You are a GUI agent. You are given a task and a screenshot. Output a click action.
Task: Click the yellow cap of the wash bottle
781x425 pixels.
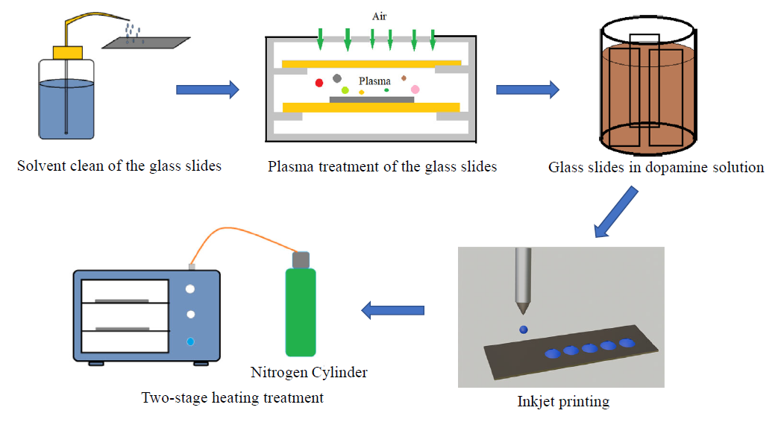[68, 52]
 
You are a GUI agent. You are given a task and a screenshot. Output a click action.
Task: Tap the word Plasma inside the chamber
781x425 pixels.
[374, 81]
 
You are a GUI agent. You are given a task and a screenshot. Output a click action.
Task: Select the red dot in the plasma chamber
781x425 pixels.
[319, 83]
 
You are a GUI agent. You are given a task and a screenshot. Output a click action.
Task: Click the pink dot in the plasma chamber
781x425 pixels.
[415, 89]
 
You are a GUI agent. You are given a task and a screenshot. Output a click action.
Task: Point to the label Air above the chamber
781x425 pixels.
[379, 16]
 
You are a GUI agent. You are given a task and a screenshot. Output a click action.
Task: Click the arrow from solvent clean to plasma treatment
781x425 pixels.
[207, 89]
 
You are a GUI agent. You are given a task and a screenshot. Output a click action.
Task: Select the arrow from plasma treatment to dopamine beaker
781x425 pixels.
[527, 89]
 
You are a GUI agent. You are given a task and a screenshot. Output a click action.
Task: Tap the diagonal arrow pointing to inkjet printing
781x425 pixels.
[615, 212]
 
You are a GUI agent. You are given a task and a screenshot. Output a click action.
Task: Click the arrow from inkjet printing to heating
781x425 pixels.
[392, 310]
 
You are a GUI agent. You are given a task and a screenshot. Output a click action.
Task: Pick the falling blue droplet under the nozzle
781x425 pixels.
[524, 330]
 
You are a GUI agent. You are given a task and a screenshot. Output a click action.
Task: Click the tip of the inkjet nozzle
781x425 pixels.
[523, 313]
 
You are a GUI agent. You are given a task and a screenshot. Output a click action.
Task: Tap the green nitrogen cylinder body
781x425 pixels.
[301, 312]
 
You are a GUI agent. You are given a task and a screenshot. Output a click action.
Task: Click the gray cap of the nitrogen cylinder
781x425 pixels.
[301, 259]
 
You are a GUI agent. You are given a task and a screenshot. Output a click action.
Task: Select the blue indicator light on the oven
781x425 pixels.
[190, 341]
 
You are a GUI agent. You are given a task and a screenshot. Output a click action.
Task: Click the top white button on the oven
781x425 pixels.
[189, 289]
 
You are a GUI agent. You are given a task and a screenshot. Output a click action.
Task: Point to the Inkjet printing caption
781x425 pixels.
[563, 402]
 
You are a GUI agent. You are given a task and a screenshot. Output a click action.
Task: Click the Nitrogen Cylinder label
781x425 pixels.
[309, 372]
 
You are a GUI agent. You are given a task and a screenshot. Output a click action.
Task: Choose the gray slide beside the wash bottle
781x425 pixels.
[146, 42]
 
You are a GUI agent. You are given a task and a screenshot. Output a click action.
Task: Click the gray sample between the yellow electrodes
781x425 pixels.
[371, 99]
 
